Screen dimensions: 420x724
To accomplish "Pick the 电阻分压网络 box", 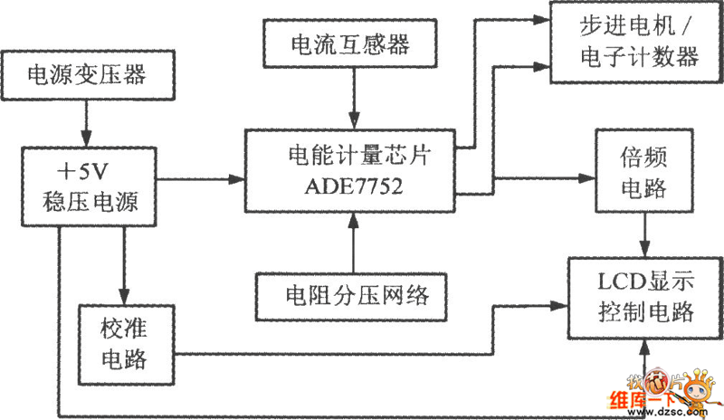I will click(352, 295).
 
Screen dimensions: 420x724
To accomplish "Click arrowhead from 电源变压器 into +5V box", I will click(87, 134).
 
